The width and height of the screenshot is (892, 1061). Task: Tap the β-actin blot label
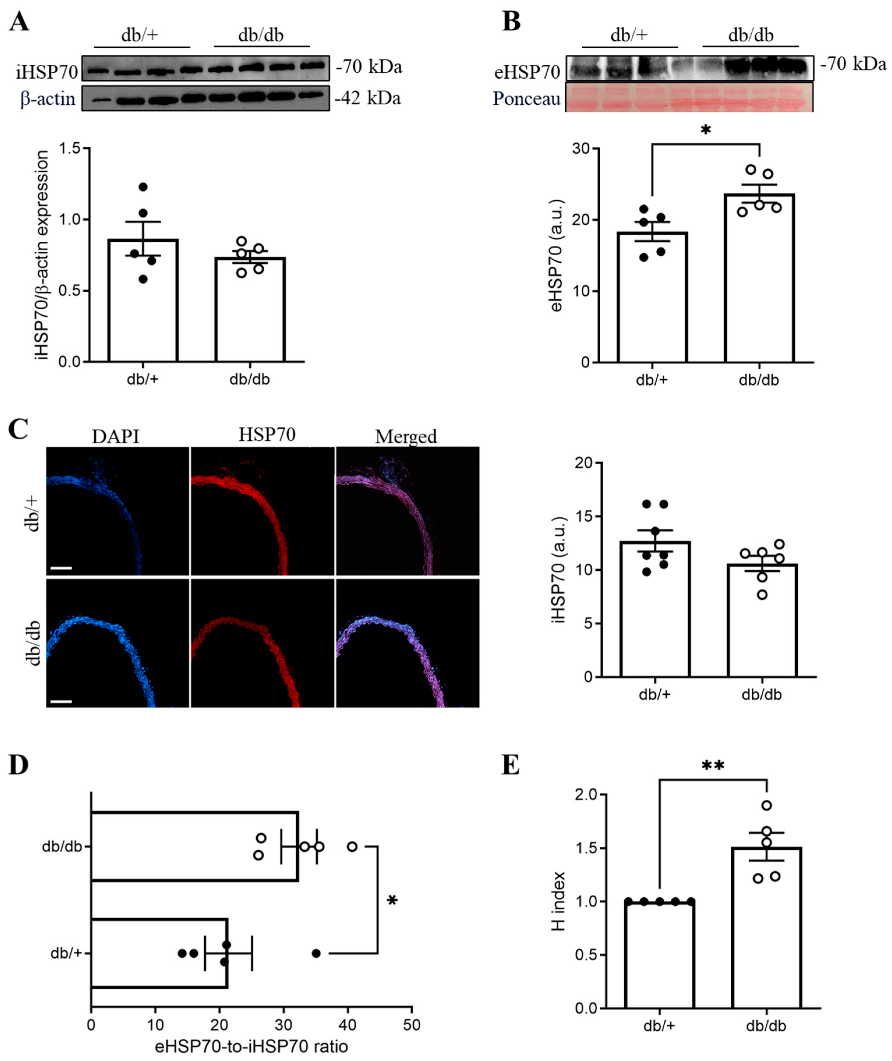tap(47, 99)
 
